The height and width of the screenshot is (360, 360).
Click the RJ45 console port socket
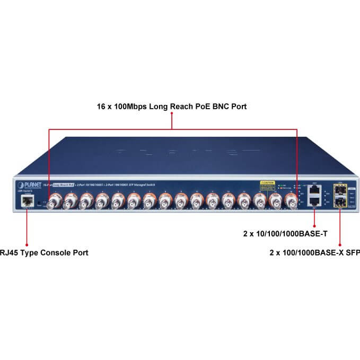(27, 201)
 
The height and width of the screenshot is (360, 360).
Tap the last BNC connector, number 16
(290, 201)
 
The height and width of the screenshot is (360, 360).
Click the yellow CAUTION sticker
(267, 185)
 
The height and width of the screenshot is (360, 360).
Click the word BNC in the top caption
(218, 107)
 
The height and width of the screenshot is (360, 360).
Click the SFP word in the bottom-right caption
(353, 252)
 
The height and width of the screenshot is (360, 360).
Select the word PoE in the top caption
(197, 107)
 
